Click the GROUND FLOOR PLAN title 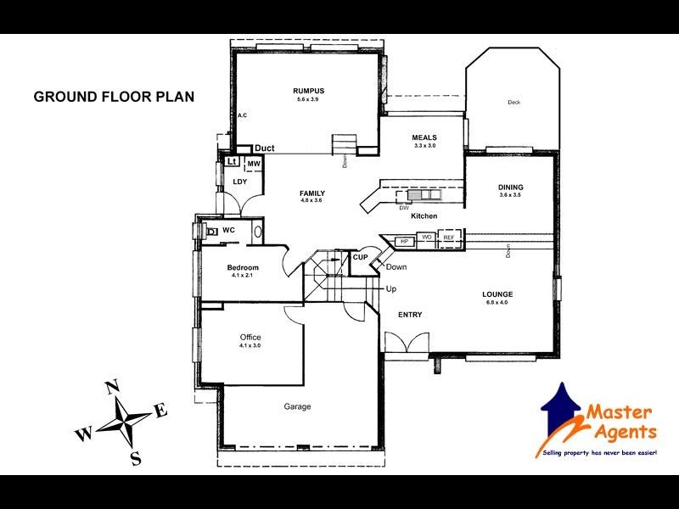(114, 97)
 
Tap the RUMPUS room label (309, 91)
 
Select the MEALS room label (424, 137)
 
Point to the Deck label (513, 103)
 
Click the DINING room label (510, 187)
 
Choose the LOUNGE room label (498, 294)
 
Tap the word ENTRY (410, 315)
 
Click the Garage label (297, 406)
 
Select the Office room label (250, 338)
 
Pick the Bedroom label (242, 268)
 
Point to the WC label (228, 230)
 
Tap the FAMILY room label (312, 193)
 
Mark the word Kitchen (424, 217)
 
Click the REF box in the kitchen (449, 238)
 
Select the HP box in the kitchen (404, 242)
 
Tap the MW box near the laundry (254, 164)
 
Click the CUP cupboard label (360, 256)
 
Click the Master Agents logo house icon (562, 409)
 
